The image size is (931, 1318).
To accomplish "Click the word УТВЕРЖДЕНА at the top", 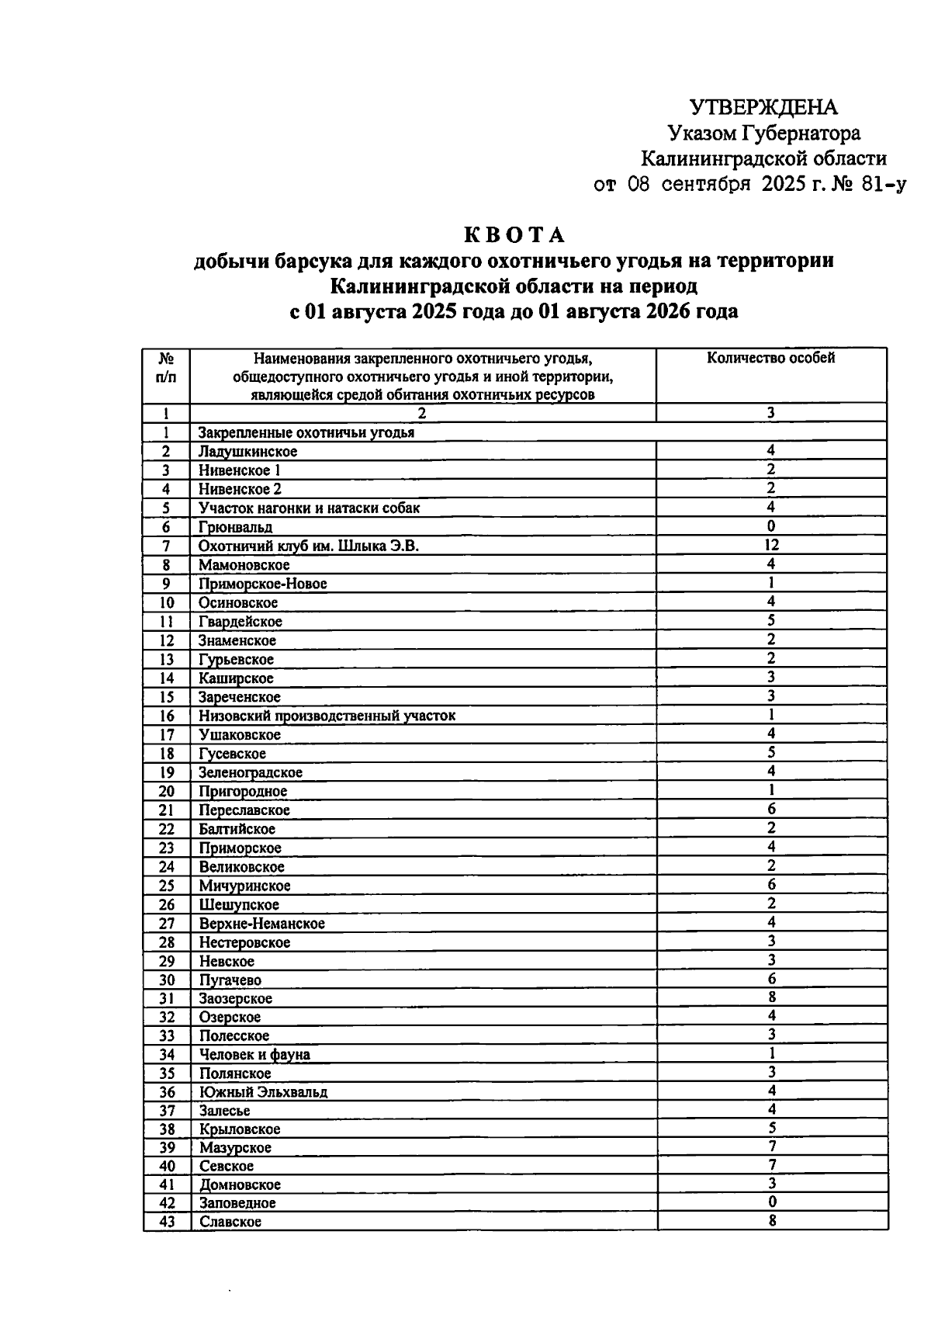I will pyautogui.click(x=763, y=107).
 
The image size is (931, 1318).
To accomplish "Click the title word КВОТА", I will pyautogui.click(x=515, y=234).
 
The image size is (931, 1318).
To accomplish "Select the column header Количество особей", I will pyautogui.click(x=770, y=358).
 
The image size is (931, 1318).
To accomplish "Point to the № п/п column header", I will pyautogui.click(x=166, y=368).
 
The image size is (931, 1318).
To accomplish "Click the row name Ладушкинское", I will pyautogui.click(x=247, y=452).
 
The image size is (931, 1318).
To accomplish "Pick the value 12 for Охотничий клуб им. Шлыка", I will pyautogui.click(x=771, y=545).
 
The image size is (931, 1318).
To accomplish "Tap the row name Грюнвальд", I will pyautogui.click(x=235, y=527).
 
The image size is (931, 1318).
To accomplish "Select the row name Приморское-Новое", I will pyautogui.click(x=262, y=584).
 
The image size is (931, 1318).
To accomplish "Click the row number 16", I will pyautogui.click(x=166, y=716).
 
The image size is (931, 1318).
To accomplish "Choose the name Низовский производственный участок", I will pyautogui.click(x=327, y=716).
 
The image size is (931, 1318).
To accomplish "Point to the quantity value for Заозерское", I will pyautogui.click(x=771, y=997).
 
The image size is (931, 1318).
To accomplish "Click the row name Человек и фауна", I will pyautogui.click(x=254, y=1054).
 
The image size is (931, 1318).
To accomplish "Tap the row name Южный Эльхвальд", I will pyautogui.click(x=263, y=1092).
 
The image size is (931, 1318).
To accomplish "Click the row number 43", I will pyautogui.click(x=167, y=1222).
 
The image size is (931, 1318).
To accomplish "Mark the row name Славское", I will pyautogui.click(x=230, y=1222).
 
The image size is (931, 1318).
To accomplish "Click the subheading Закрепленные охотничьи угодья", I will pyautogui.click(x=306, y=432).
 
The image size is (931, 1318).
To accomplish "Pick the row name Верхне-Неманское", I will pyautogui.click(x=261, y=924).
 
